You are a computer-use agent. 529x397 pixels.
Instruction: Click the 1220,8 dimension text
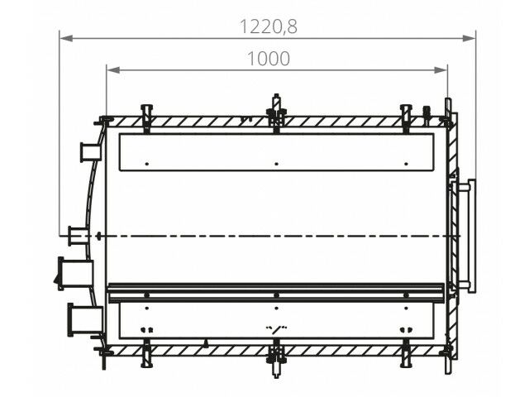tap(269, 26)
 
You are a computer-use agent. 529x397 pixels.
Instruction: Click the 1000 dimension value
tap(269, 59)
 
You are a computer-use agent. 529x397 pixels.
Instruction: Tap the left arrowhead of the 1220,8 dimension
tap(66, 38)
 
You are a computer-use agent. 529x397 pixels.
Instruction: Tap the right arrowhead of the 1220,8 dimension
tap(469, 38)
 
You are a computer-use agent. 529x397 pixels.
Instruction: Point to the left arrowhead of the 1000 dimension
tap(113, 69)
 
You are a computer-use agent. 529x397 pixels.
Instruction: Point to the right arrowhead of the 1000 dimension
tap(441, 69)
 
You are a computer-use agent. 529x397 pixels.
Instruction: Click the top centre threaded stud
tap(276, 113)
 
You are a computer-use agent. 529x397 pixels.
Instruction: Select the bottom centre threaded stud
tap(276, 358)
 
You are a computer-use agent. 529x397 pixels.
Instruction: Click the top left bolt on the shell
tap(146, 118)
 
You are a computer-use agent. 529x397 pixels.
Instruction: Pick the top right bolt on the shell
tap(406, 118)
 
